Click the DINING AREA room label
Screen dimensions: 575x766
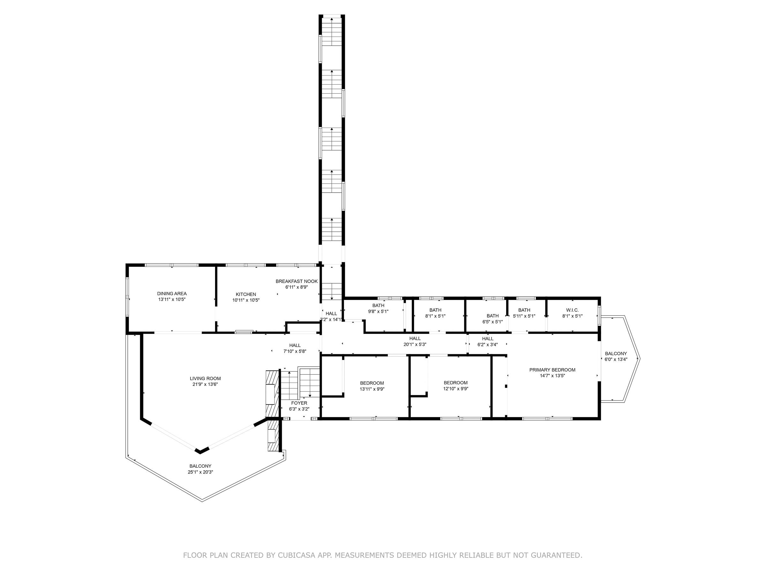(172, 294)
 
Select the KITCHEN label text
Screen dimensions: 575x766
(246, 294)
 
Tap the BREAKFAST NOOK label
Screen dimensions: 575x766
(297, 281)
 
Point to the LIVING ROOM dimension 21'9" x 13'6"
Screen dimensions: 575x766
(205, 384)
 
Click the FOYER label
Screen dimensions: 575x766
(299, 403)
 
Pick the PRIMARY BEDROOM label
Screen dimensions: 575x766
(552, 370)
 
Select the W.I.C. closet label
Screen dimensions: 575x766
(572, 310)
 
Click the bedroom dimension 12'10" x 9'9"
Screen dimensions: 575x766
(456, 388)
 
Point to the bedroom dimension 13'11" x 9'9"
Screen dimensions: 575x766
(372, 389)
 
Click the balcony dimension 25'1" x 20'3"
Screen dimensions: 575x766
(200, 472)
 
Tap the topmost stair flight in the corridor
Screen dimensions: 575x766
(332, 32)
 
